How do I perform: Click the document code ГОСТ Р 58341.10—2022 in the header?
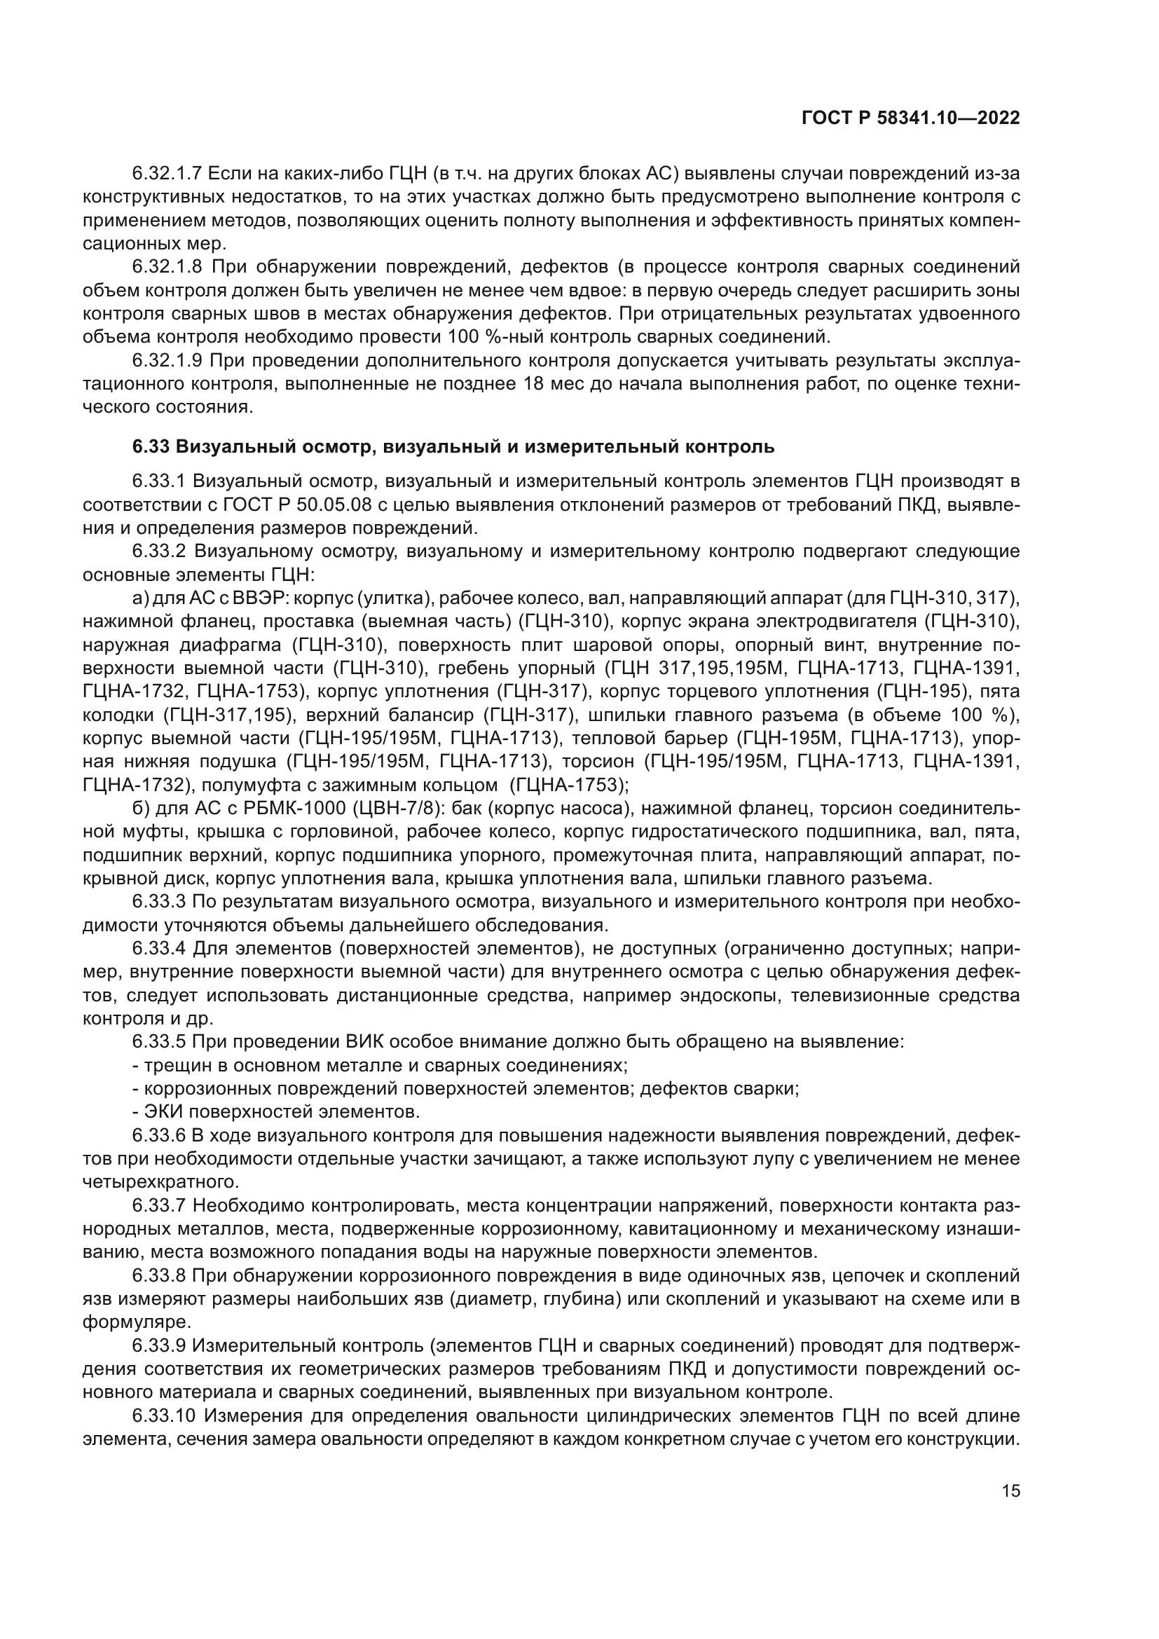[911, 118]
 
